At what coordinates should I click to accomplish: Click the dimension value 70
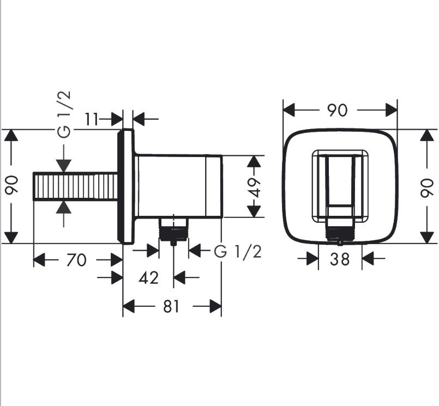[76, 260]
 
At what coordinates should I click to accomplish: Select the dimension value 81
[171, 307]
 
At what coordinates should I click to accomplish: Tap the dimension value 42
[148, 278]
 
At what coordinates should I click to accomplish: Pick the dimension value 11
[92, 118]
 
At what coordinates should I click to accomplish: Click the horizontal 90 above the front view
[338, 110]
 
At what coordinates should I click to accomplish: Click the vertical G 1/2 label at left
[64, 115]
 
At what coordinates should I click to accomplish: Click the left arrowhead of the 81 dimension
[128, 307]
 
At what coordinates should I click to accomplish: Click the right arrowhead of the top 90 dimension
[392, 110]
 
